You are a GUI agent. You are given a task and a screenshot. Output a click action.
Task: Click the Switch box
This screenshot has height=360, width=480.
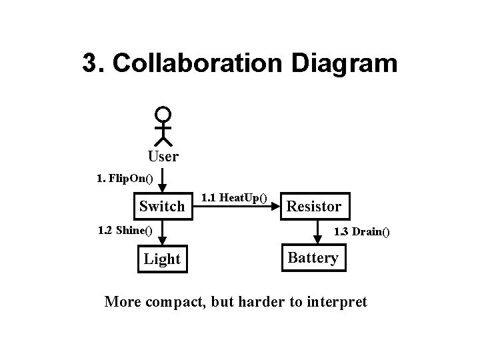pyautogui.click(x=161, y=206)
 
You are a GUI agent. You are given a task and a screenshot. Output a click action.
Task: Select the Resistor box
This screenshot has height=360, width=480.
pyautogui.click(x=313, y=206)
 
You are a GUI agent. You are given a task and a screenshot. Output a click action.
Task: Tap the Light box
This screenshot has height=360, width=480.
pyautogui.click(x=162, y=259)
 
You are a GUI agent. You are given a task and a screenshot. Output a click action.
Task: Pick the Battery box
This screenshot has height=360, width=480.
pyautogui.click(x=313, y=258)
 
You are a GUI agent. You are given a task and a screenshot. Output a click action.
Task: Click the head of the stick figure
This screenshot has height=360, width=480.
pyautogui.click(x=163, y=115)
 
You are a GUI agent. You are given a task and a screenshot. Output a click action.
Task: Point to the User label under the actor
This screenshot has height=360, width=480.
pyautogui.click(x=163, y=157)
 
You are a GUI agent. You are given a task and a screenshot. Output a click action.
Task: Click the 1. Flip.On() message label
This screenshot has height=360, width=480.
pyautogui.click(x=125, y=178)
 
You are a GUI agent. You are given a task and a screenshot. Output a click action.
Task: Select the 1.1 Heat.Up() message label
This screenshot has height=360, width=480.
pyautogui.click(x=234, y=197)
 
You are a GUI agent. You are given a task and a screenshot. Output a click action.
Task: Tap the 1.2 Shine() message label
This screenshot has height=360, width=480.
pyautogui.click(x=125, y=231)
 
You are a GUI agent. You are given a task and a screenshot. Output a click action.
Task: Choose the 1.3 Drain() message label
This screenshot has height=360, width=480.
pyautogui.click(x=361, y=232)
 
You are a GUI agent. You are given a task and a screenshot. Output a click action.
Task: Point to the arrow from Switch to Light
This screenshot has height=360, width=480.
pyautogui.click(x=163, y=233)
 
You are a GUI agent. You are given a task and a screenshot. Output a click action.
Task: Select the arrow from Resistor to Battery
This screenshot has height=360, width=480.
pyautogui.click(x=313, y=233)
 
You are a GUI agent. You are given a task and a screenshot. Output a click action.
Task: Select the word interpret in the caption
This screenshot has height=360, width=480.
pyautogui.click(x=335, y=301)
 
